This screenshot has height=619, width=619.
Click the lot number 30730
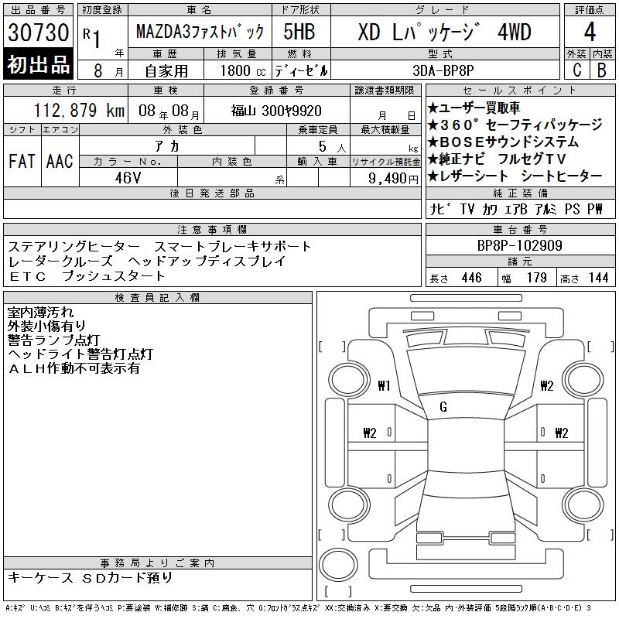click(x=38, y=32)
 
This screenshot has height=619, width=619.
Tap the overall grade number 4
click(x=590, y=32)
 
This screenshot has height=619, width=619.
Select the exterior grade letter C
click(x=576, y=70)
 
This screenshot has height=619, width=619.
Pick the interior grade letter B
click(x=602, y=70)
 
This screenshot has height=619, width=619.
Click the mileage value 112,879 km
click(x=79, y=110)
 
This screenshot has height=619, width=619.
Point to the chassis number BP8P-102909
click(x=519, y=245)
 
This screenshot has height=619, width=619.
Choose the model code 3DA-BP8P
click(x=443, y=70)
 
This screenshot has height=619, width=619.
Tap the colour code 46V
click(x=128, y=178)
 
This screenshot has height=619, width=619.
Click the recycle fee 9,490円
click(x=393, y=179)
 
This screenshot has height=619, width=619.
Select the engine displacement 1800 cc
click(x=243, y=70)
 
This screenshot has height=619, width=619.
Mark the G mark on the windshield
click(x=443, y=407)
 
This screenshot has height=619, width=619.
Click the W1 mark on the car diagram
click(x=384, y=385)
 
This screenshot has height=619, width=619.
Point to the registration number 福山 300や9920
click(x=276, y=111)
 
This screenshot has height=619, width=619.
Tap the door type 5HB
click(x=299, y=32)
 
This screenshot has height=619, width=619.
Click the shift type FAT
click(x=22, y=161)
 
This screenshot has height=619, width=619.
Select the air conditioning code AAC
click(x=60, y=161)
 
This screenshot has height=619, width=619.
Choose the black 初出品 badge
click(x=38, y=63)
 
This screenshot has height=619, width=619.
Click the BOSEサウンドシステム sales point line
click(x=504, y=142)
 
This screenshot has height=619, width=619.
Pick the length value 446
click(x=471, y=278)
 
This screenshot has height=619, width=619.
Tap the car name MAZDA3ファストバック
click(x=200, y=32)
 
